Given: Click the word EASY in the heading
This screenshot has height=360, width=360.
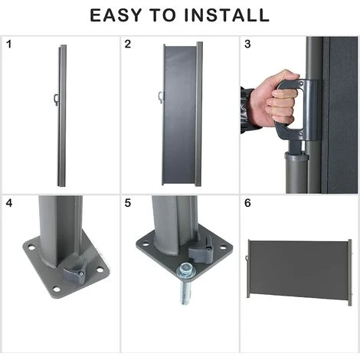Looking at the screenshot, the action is pos(116,15).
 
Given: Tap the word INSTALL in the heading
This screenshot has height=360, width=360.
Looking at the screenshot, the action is pos(227,15).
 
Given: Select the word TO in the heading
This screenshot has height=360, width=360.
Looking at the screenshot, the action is pos(163,15).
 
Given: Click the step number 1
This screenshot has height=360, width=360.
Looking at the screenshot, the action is pos(9,44).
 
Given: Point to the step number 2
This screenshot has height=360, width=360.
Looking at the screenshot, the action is pos(128,44).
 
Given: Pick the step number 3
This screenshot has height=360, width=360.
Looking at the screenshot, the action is pos(247,44).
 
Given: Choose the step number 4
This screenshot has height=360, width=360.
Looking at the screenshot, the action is pos(9,203).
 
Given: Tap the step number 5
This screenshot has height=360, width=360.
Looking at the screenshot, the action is pos(128,203).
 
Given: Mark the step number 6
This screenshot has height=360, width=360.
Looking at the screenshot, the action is pos(247,203).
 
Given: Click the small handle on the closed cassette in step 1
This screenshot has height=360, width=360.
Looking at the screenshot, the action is pos(56,100).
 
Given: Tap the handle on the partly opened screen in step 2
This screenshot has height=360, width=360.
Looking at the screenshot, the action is pos(161,97).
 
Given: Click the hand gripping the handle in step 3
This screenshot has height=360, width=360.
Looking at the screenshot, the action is pos(276,100).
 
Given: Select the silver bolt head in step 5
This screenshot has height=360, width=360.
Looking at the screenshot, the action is pos(186,269).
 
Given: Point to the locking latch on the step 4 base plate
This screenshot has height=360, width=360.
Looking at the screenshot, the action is pos(74,272).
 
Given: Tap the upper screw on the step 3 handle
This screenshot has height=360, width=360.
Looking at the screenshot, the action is pos(301,83).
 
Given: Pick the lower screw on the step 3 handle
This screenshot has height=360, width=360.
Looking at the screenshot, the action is pos(300,133).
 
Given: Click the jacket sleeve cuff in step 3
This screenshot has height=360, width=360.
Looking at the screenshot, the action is pos(247,110).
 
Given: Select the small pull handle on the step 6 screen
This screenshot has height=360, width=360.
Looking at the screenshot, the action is pos(247,258).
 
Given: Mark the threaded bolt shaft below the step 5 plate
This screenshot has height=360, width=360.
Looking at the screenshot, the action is pos(185,291).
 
